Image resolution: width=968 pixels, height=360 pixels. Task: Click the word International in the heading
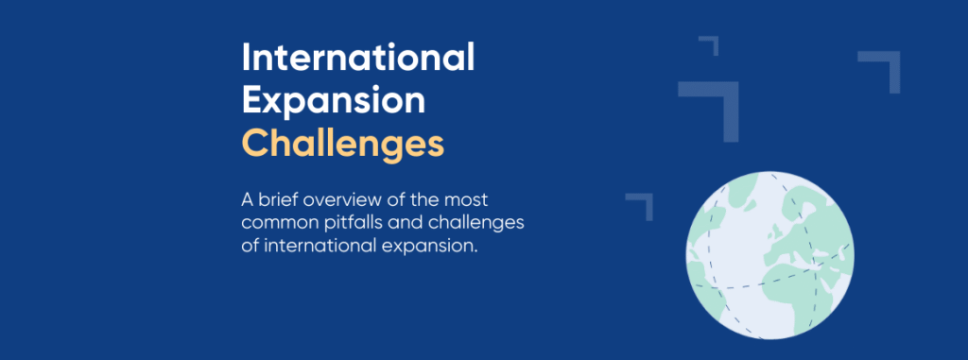(358, 59)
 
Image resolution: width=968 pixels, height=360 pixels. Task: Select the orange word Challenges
(342, 144)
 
